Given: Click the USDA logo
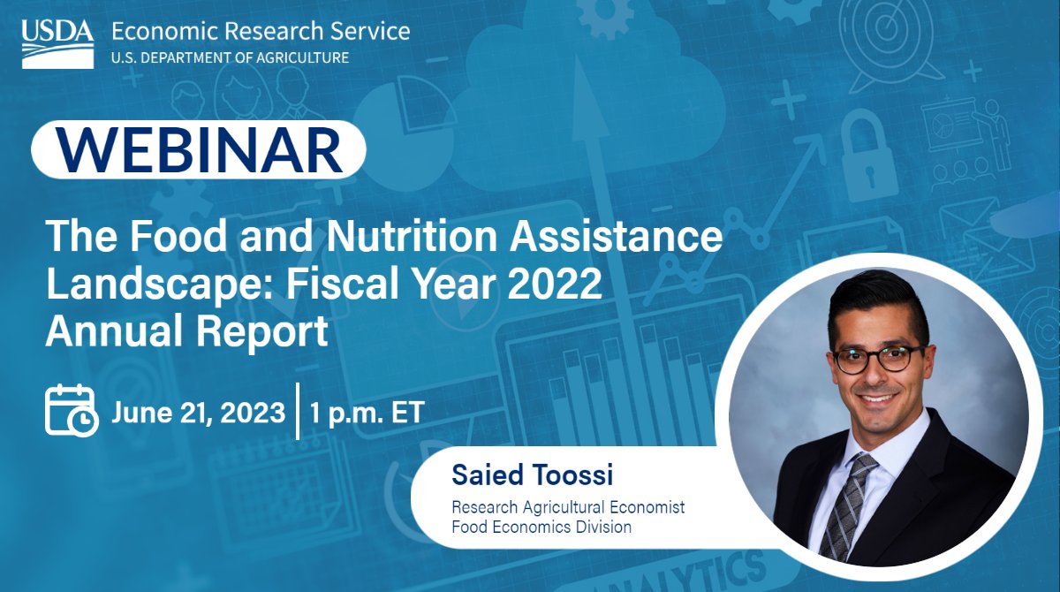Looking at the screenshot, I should (57, 42).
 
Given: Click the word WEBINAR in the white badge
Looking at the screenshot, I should (199, 150).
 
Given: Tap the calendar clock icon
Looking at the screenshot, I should (71, 410).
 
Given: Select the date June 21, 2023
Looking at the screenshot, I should (199, 413).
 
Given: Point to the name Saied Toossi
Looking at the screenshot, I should (532, 474).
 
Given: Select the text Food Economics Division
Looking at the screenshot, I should (541, 527).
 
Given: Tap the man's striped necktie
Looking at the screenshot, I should (846, 504).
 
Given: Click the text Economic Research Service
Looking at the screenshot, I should (261, 32).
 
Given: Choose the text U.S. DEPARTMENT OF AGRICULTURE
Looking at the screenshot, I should (230, 58).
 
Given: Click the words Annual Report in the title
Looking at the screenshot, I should (186, 332).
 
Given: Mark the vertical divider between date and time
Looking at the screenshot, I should (298, 412).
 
